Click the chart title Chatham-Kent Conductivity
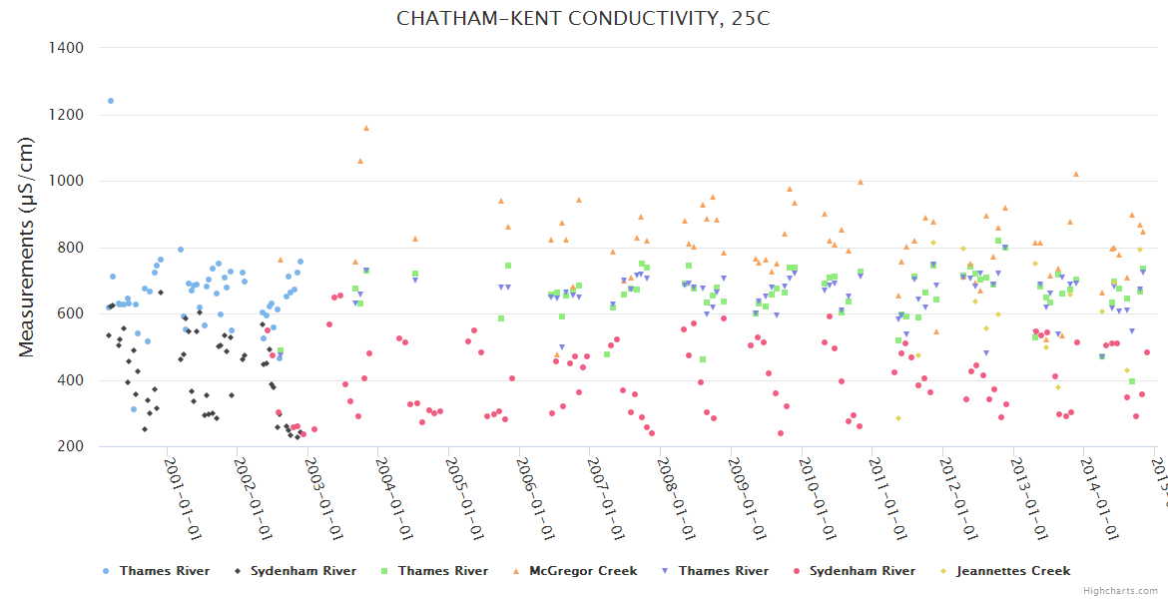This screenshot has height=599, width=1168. (x=583, y=18)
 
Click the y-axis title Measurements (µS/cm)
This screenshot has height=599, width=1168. (x=28, y=247)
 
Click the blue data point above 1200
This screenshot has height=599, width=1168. (x=111, y=101)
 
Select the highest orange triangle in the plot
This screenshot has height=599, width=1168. (x=366, y=128)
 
